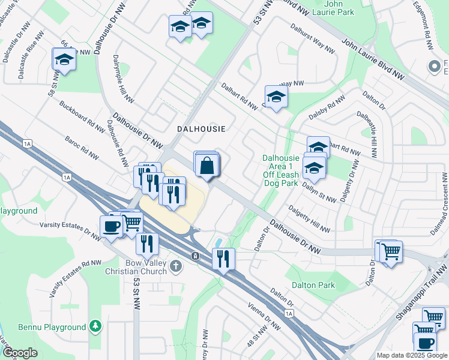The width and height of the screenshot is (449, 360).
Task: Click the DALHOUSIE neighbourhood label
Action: click(x=201, y=129)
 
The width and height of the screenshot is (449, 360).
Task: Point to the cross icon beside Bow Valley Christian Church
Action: click(x=175, y=265)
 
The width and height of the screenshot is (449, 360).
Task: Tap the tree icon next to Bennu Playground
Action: click(x=95, y=326)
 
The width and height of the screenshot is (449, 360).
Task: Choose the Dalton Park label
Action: click(x=313, y=286)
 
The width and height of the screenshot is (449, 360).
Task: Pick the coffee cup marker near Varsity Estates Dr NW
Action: click(x=112, y=226)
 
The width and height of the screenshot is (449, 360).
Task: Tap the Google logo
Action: click(x=20, y=353)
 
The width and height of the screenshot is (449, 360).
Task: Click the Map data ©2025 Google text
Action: click(x=411, y=355)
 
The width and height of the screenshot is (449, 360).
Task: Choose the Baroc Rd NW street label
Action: click(x=82, y=149)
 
